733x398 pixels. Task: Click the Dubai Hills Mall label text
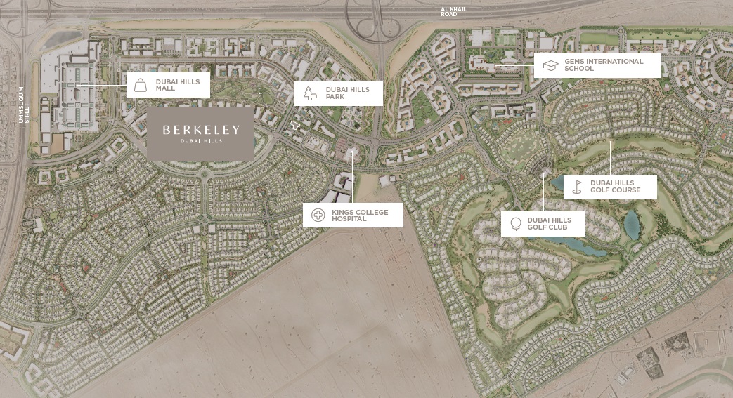178,85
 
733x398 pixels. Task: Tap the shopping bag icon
141,85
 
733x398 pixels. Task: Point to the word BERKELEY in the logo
201,129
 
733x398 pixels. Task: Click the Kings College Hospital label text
361,215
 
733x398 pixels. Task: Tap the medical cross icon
318,215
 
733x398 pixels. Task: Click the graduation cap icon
550,65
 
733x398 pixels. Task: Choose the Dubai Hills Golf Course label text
616,187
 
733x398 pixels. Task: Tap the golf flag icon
577,187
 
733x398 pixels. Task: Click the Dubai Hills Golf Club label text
550,224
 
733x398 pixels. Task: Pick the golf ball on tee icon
515,224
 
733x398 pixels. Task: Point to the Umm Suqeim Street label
25,105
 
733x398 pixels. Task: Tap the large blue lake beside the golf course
632,223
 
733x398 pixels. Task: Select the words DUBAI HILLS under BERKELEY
200,141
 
